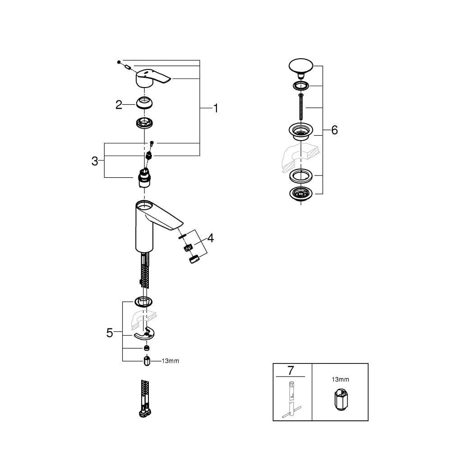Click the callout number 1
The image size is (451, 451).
tap(216, 108)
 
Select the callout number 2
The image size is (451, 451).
tap(119, 105)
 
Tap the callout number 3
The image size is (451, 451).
tap(95, 161)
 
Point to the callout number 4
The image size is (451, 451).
tap(211, 238)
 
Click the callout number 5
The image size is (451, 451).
tap(110, 333)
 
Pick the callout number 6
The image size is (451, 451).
tap(334, 130)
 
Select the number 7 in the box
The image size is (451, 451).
tap(291, 370)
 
